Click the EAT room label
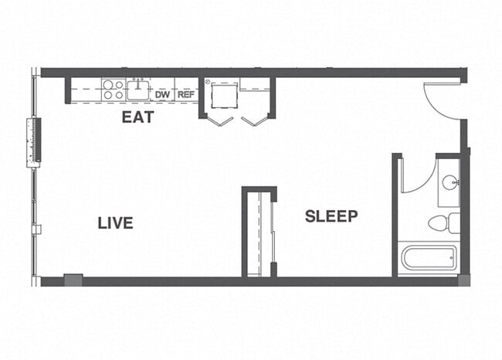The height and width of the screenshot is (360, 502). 138,117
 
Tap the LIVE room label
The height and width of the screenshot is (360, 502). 115,223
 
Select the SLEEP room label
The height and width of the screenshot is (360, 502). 331,216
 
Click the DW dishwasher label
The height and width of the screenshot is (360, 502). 162,95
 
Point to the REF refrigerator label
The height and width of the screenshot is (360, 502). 185,95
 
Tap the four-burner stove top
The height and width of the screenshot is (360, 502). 113,90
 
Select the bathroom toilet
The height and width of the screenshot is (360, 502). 445,224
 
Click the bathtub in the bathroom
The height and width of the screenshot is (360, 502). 429,257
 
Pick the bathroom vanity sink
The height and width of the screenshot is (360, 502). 450,182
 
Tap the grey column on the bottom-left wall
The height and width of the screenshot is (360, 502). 73,280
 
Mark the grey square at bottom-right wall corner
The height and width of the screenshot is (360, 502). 463,280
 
